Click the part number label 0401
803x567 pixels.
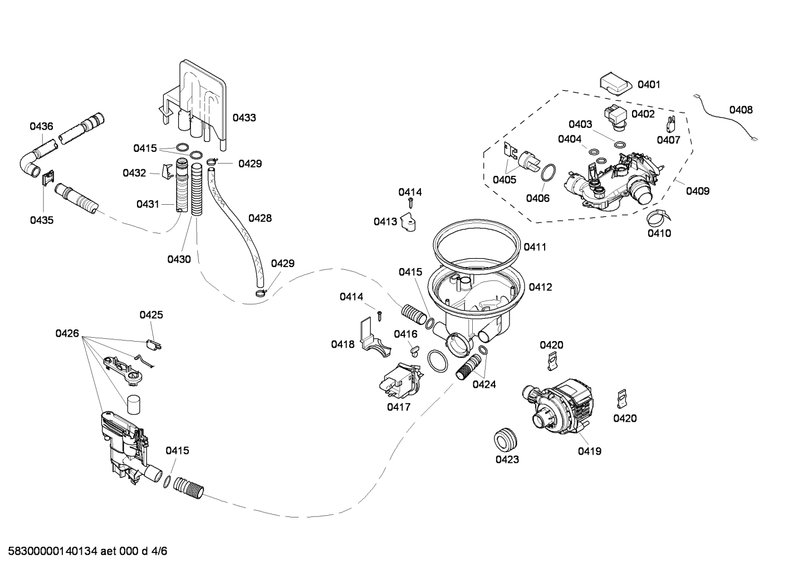click(649, 85)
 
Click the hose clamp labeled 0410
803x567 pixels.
click(658, 218)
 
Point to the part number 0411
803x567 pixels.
click(535, 246)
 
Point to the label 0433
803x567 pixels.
click(244, 117)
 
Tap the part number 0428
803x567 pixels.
click(260, 218)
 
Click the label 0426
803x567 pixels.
click(67, 333)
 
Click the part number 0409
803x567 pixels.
click(698, 191)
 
